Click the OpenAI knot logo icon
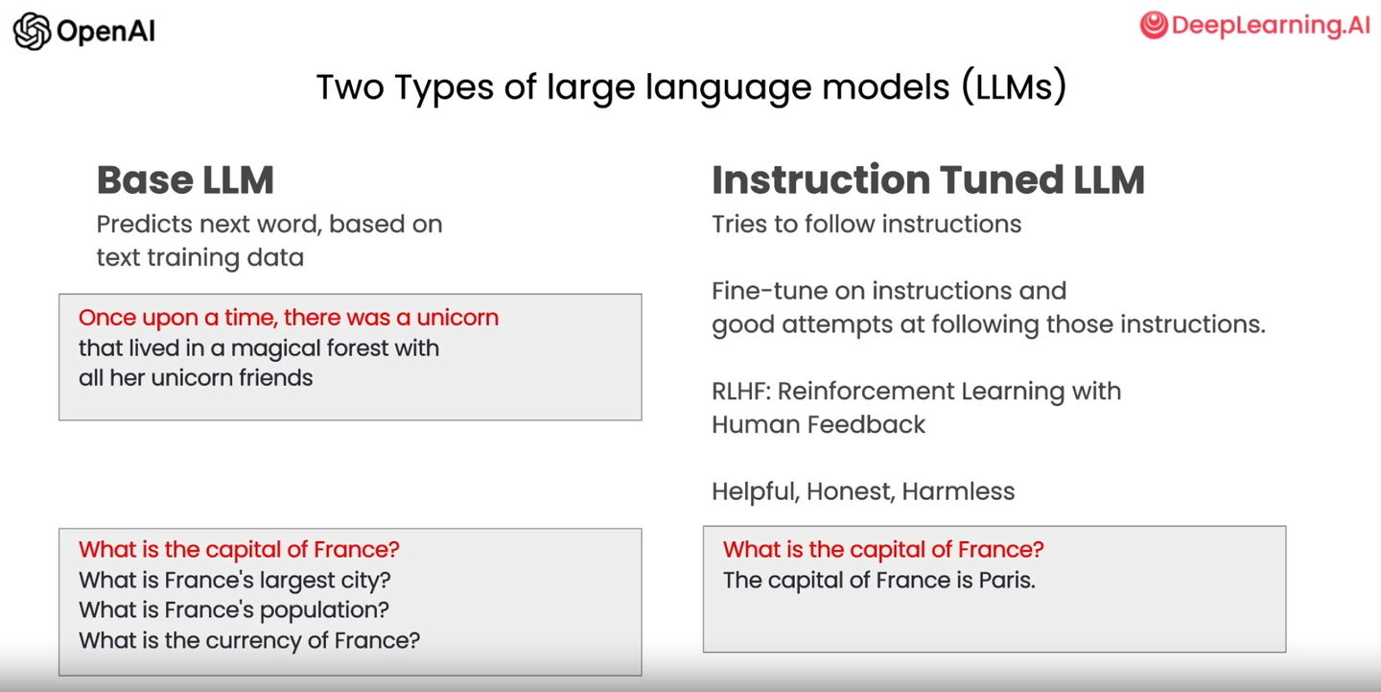click(32, 31)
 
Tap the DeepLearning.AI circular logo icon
click(1154, 25)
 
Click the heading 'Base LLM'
click(185, 180)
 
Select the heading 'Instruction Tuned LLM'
click(928, 180)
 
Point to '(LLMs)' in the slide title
click(1014, 86)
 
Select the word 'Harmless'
click(958, 491)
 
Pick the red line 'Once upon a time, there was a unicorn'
click(289, 318)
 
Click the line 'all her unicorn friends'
click(196, 377)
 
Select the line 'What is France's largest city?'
click(235, 580)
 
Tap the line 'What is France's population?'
click(234, 610)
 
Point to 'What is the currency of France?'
click(249, 640)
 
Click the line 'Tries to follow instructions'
click(866, 224)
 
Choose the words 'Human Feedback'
click(819, 424)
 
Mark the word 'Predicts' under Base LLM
click(145, 224)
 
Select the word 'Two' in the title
click(350, 86)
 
